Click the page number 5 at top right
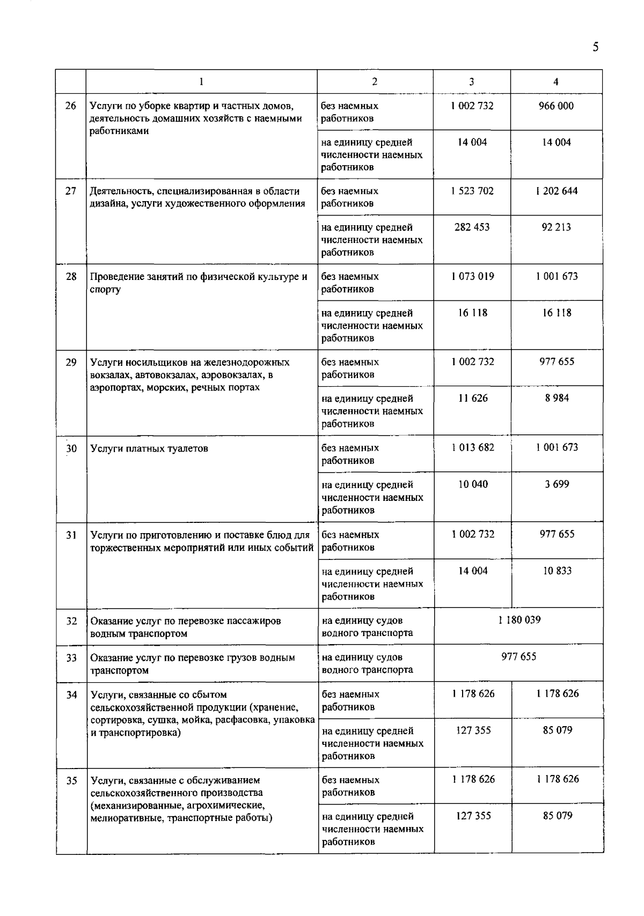(595, 47)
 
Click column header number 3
(471, 82)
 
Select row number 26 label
(71, 106)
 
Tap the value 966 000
(556, 106)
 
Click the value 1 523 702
(472, 191)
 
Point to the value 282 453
(472, 227)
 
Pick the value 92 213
(556, 227)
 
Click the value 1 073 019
(472, 276)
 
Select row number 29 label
(71, 362)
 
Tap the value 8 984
(557, 398)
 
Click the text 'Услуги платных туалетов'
(149, 448)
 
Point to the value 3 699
(557, 484)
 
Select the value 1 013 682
(473, 447)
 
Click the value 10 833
(557, 571)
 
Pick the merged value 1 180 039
(519, 620)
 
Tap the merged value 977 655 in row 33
(519, 657)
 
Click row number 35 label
(72, 780)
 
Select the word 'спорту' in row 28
(105, 290)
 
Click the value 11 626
(473, 398)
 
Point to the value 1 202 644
(557, 191)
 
